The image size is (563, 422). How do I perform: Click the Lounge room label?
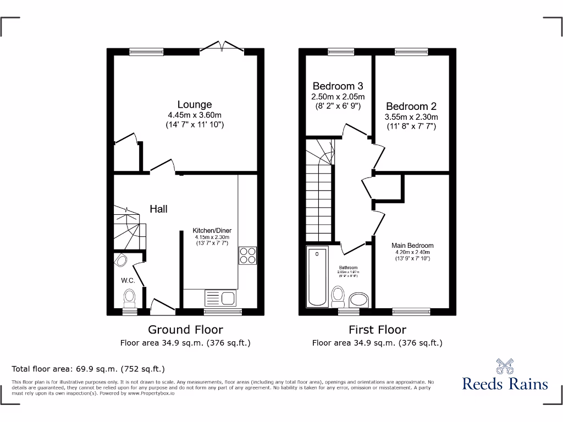pyautogui.click(x=194, y=104)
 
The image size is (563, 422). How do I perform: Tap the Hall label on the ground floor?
pyautogui.click(x=158, y=209)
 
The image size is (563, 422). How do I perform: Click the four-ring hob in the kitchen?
pyautogui.click(x=247, y=256)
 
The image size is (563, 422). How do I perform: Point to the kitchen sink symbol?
pyautogui.click(x=220, y=298)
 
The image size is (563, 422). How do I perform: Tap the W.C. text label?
pyautogui.click(x=128, y=281)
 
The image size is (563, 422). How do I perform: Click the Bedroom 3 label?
pyautogui.click(x=338, y=86)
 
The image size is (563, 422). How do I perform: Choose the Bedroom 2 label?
pyautogui.click(x=411, y=107)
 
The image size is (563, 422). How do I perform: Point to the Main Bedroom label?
pyautogui.click(x=412, y=246)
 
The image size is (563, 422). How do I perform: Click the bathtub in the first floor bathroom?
pyautogui.click(x=317, y=277)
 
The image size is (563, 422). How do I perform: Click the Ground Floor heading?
pyautogui.click(x=185, y=330)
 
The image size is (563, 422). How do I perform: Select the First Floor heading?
pyautogui.click(x=377, y=330)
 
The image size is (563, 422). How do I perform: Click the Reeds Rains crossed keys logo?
pyautogui.click(x=505, y=366)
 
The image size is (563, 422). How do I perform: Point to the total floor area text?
pyautogui.click(x=88, y=369)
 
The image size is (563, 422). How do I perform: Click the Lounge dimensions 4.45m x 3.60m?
pyautogui.click(x=194, y=115)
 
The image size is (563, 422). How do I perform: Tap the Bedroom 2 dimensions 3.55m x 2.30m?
pyautogui.click(x=411, y=117)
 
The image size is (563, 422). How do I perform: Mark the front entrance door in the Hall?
pyautogui.click(x=162, y=303)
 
